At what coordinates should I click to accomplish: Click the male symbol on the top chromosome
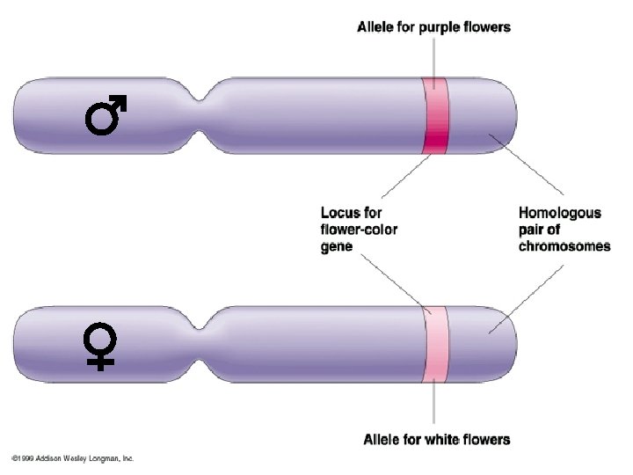[105, 117]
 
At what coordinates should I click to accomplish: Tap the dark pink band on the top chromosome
[435, 116]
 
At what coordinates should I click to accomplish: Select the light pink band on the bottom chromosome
[435, 343]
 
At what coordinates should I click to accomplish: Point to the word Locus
[340, 213]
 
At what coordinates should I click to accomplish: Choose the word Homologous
[560, 213]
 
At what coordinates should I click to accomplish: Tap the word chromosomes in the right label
[564, 247]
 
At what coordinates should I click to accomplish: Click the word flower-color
[359, 230]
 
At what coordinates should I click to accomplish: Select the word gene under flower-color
[336, 247]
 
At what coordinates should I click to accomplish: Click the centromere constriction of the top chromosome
[207, 116]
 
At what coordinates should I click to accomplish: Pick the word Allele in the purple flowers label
[375, 27]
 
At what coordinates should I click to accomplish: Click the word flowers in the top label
[489, 27]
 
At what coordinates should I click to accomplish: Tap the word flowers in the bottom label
[487, 439]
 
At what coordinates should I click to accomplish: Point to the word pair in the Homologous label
[535, 230]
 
